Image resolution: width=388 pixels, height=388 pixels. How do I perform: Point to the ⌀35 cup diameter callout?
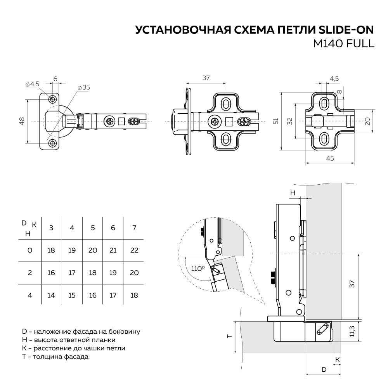click(83, 88)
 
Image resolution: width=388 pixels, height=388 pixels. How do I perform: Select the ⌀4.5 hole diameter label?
click(33, 84)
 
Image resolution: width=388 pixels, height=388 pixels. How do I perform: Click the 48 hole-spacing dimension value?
click(22, 121)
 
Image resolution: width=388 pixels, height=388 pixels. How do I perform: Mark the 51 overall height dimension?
click(276, 121)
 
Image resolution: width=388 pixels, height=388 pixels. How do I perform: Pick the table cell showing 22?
click(134, 250)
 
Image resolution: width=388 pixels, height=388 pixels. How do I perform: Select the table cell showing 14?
click(51, 295)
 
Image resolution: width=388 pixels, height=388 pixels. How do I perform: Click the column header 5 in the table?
click(92, 228)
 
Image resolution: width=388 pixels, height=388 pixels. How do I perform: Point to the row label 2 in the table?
click(30, 273)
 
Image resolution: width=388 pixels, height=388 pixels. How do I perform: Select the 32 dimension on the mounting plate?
click(289, 121)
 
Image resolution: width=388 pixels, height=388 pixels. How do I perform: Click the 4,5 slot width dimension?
click(334, 78)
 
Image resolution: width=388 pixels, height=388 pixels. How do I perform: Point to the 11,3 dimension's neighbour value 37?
click(352, 284)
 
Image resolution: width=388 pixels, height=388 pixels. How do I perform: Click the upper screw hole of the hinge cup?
click(52, 99)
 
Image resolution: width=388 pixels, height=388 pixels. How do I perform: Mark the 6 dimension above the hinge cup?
click(55, 78)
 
